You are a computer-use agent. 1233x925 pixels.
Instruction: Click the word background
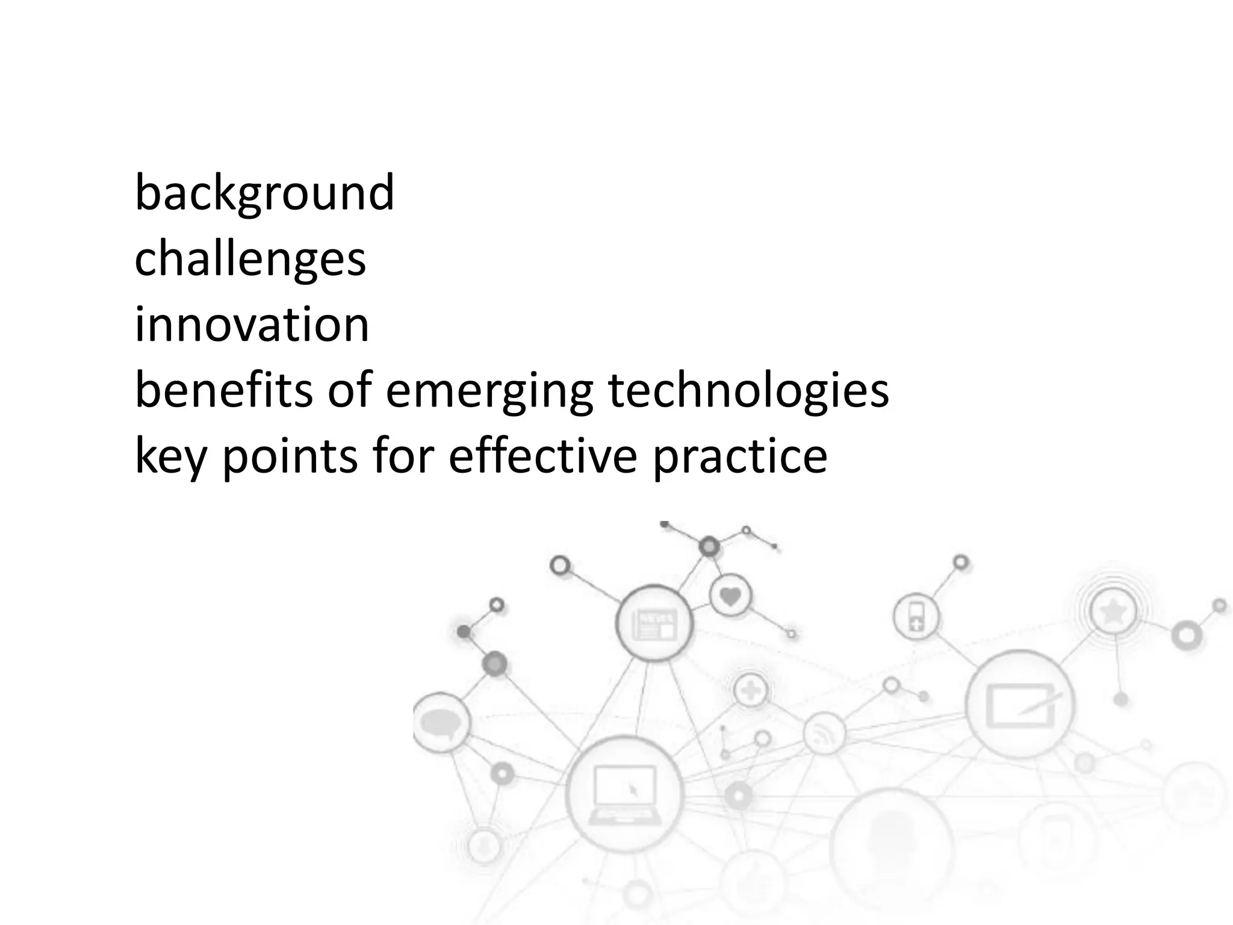click(x=264, y=193)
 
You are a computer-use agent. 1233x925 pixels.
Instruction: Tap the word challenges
click(x=250, y=259)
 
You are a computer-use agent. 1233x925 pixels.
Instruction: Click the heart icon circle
click(x=730, y=597)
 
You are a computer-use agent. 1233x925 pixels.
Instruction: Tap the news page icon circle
click(x=654, y=624)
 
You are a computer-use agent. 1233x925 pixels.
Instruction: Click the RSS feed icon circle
click(x=824, y=733)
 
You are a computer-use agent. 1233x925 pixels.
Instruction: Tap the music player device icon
click(x=916, y=617)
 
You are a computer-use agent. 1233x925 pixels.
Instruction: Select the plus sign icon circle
click(x=751, y=690)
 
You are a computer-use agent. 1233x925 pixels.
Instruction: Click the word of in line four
click(x=349, y=390)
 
